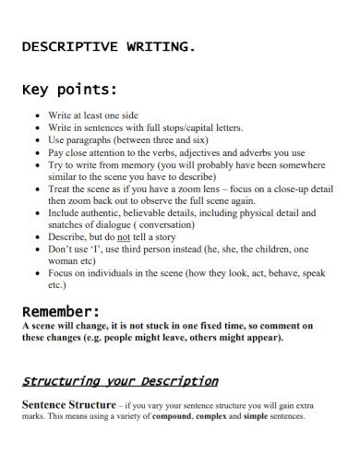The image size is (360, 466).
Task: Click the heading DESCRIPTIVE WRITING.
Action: click(x=108, y=47)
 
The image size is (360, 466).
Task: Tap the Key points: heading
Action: click(x=70, y=90)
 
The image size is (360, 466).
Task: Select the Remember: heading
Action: click(x=60, y=311)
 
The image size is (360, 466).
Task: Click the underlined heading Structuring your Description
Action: click(x=120, y=380)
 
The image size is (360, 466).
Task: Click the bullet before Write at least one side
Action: click(x=36, y=116)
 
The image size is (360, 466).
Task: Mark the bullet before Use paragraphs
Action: click(x=36, y=139)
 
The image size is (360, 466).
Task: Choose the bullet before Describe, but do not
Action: click(x=36, y=236)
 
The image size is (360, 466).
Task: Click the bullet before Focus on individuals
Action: click(x=36, y=273)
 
